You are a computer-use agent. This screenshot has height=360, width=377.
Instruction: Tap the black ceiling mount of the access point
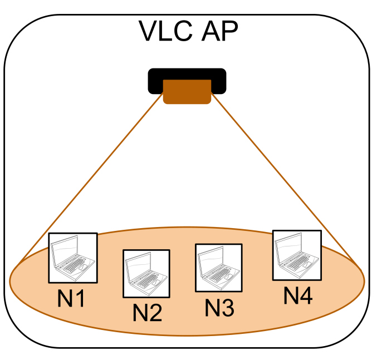coord(187,75)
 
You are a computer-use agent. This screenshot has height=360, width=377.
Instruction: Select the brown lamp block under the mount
coord(187,92)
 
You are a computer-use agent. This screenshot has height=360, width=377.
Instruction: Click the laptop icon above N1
coord(73,257)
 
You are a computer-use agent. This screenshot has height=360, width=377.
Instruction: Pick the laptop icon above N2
coord(146,273)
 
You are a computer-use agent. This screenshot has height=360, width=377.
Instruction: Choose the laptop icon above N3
coord(219,267)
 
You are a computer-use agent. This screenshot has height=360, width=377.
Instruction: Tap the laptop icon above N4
coord(297,255)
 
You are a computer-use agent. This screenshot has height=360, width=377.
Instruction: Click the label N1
coord(72,299)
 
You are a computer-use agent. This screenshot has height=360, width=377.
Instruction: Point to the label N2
coord(147,313)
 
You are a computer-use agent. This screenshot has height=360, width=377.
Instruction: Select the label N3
coord(219,308)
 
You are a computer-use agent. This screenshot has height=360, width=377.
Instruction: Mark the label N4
coord(297,295)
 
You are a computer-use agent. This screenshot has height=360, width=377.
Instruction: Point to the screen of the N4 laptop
coord(290,245)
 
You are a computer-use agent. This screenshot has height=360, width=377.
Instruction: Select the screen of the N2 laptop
coord(139,264)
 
